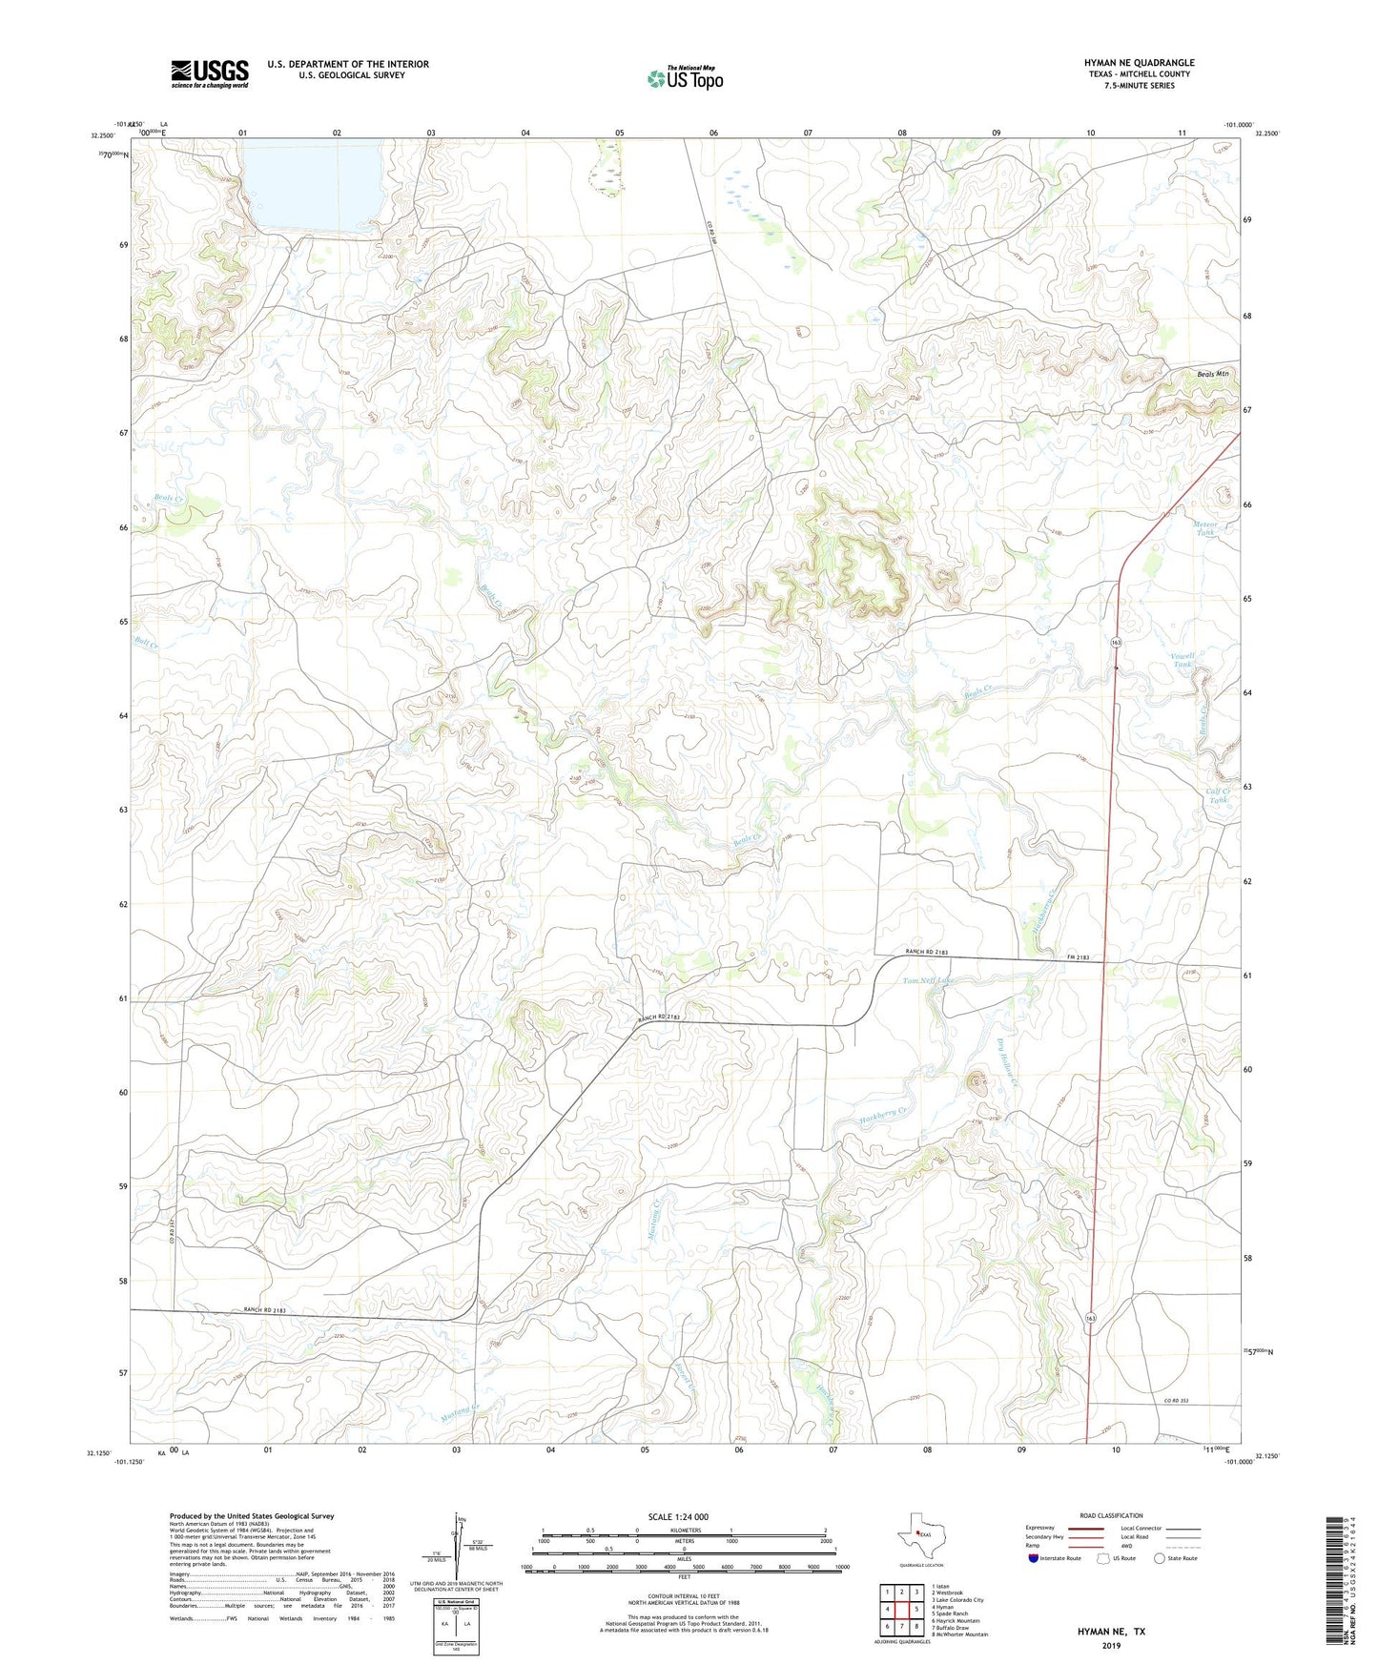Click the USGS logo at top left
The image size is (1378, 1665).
point(210,73)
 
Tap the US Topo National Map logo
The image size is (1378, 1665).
point(685,78)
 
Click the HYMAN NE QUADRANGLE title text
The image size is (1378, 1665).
point(1139,63)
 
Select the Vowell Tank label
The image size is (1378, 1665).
point(1183,660)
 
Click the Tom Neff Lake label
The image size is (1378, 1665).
point(927,980)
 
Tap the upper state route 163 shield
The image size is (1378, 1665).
point(1116,643)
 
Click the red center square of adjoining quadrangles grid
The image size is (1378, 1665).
point(901,1610)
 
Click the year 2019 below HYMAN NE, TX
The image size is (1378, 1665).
point(1111,1645)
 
